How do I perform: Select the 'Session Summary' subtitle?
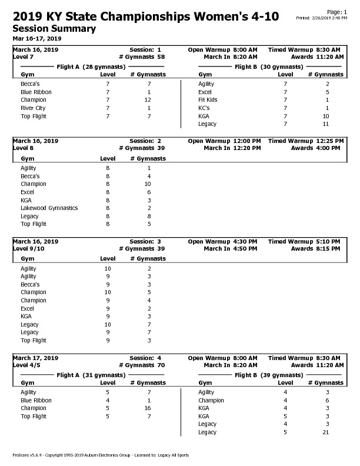click(54, 28)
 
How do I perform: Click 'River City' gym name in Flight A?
click(33, 108)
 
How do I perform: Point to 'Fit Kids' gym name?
click(208, 100)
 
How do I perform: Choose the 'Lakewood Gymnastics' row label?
click(49, 208)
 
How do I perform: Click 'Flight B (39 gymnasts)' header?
click(269, 375)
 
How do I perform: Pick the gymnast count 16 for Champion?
click(148, 408)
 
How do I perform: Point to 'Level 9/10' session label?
click(28, 248)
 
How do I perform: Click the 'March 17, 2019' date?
click(35, 358)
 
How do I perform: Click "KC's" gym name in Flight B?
click(204, 108)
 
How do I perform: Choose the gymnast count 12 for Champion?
click(148, 100)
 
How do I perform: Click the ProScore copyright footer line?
click(101, 455)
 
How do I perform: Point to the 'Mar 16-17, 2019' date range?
click(37, 38)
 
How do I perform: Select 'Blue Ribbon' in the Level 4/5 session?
click(36, 400)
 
